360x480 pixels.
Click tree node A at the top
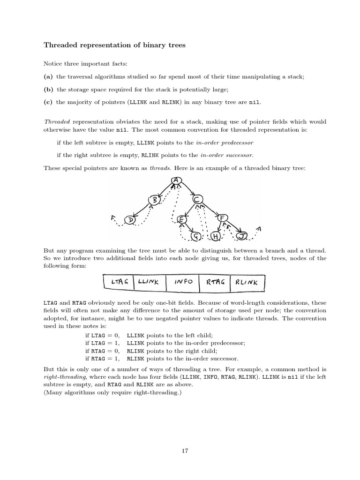tap(176, 180)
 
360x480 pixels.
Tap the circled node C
tap(198, 199)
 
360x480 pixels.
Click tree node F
tap(222, 217)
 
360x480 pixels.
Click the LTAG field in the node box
tap(118, 283)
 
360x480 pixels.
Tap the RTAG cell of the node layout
tap(215, 283)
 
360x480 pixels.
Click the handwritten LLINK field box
tap(149, 283)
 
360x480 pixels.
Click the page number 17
tap(185, 451)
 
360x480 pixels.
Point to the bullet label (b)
tap(48, 89)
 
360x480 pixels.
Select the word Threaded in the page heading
tap(59, 45)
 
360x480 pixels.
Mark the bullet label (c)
tap(48, 102)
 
